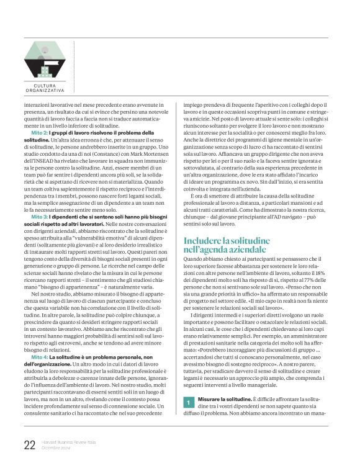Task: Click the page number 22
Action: click(29, 444)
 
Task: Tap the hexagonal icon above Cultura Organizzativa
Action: click(43, 60)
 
